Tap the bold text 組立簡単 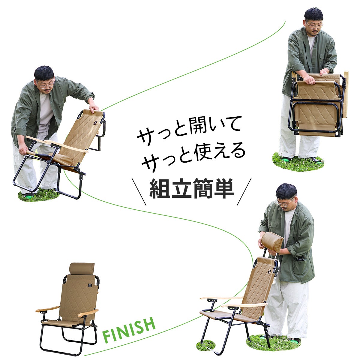[192, 188]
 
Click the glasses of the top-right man [315, 25]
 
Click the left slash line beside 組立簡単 [139, 192]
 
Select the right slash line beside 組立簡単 [244, 192]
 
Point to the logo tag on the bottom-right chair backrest [270, 272]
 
